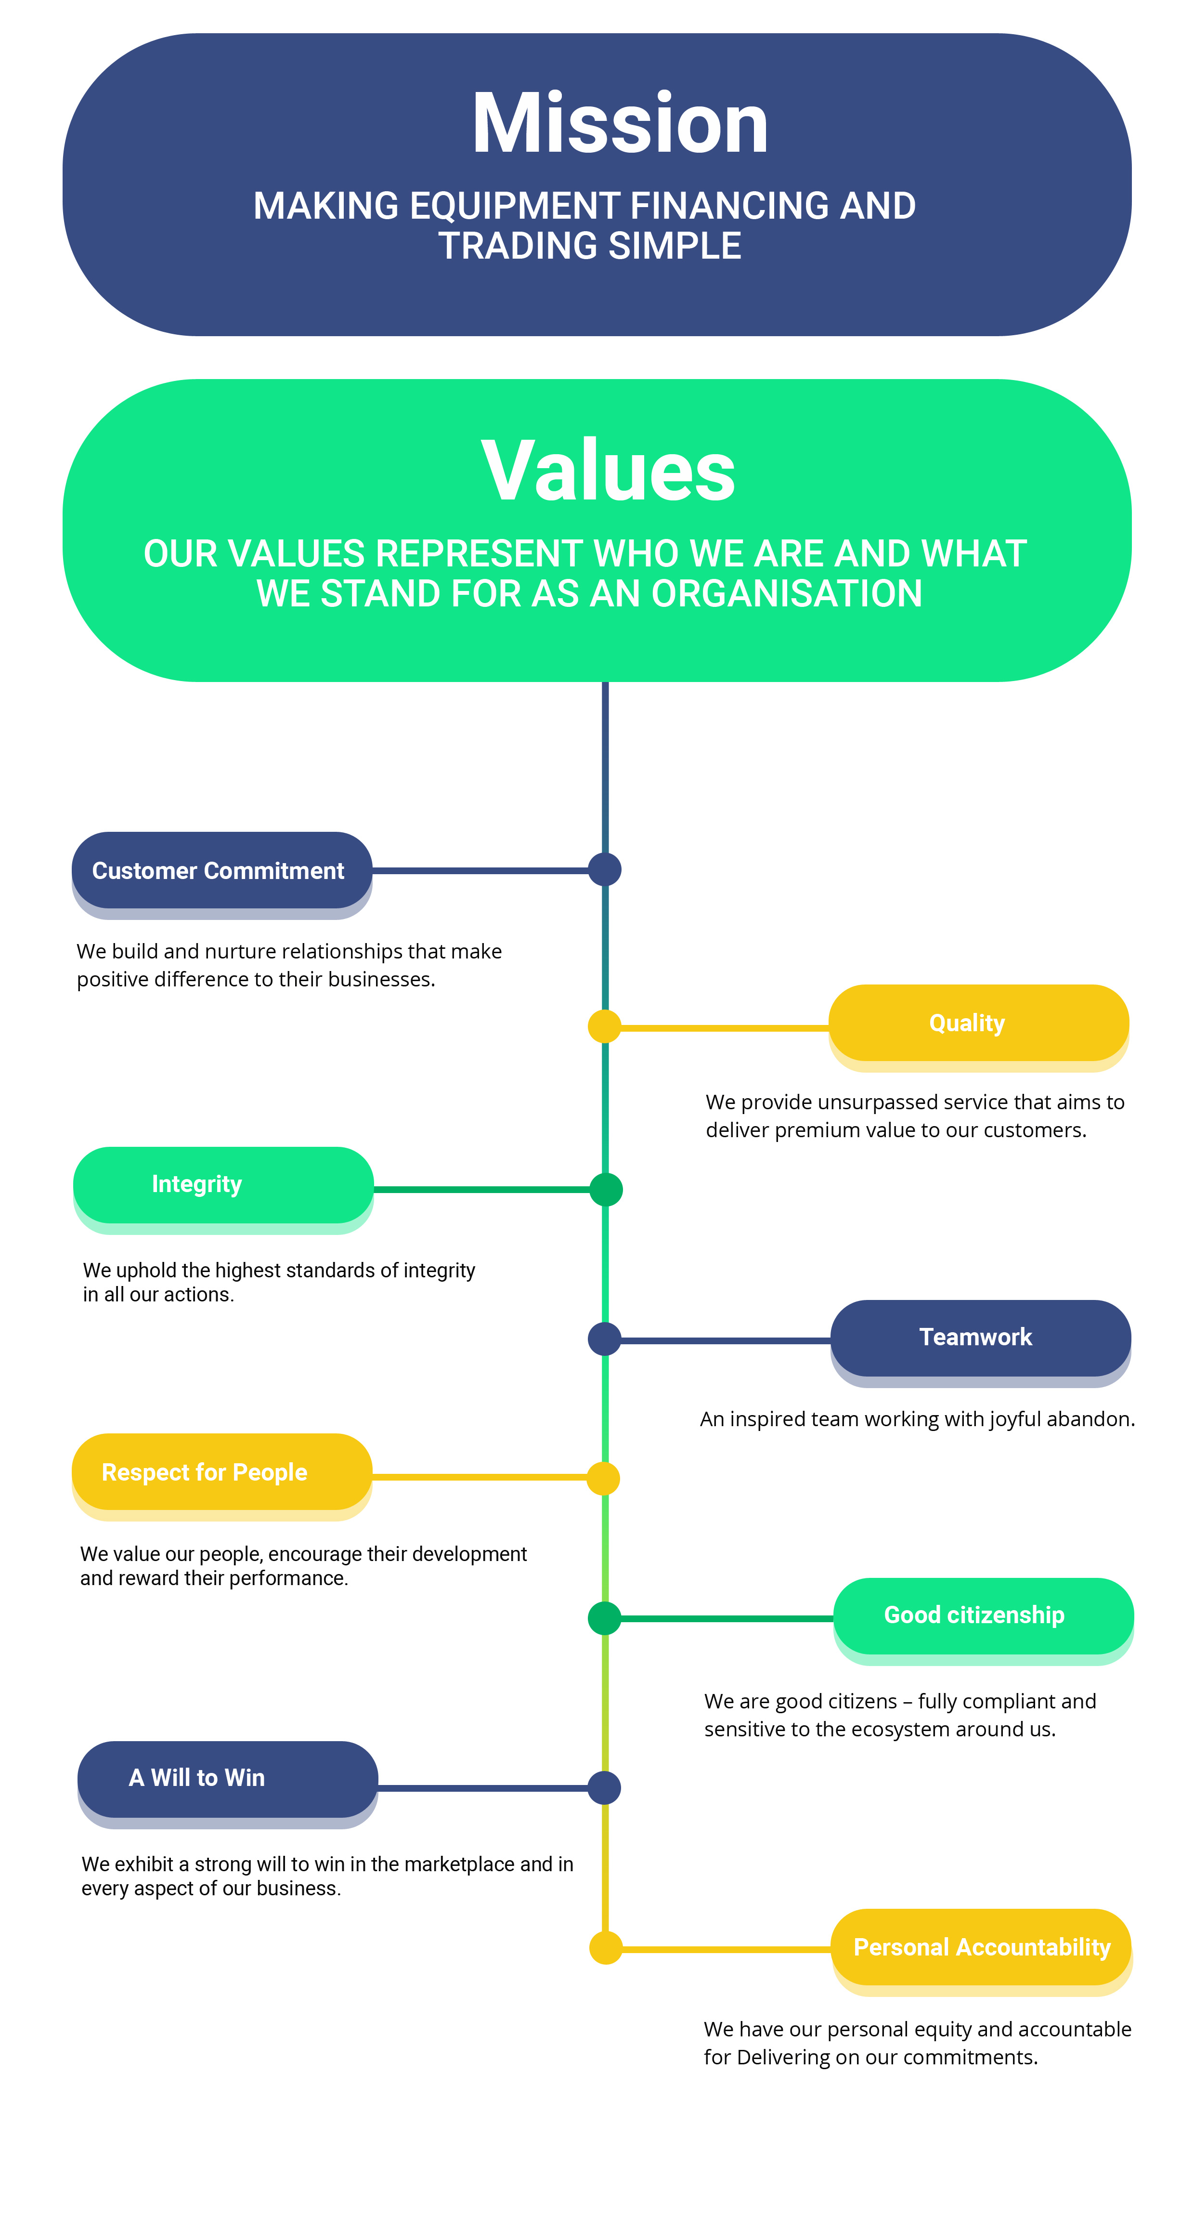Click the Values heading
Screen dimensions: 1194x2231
tap(608, 470)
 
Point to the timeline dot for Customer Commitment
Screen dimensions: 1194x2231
tap(604, 869)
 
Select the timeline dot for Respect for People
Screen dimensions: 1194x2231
tap(603, 1478)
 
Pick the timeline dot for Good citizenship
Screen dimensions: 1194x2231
tap(604, 1618)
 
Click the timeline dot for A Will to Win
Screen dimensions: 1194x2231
tap(604, 1787)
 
